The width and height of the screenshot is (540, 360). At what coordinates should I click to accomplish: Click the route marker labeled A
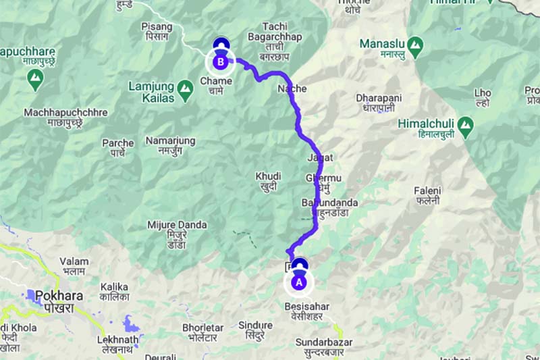click(x=299, y=283)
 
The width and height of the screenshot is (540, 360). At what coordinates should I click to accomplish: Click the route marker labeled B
click(x=219, y=62)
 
